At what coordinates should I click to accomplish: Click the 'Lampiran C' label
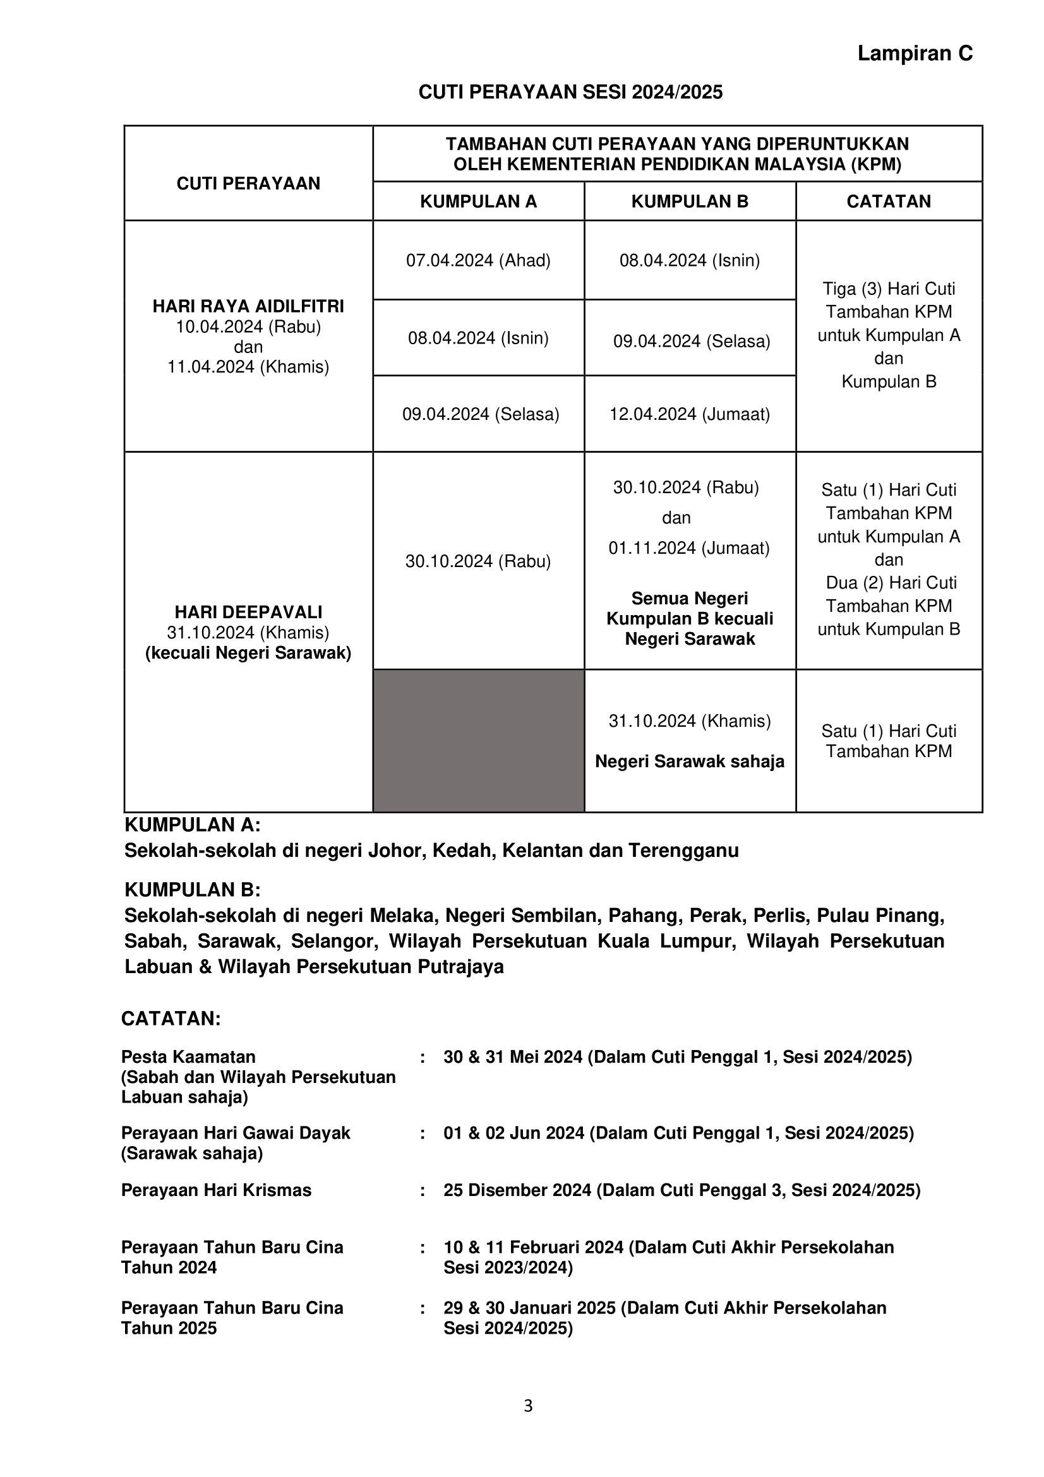tap(915, 54)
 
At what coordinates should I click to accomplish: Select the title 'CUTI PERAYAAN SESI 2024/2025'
tap(570, 93)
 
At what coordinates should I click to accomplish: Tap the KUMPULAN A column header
tap(478, 201)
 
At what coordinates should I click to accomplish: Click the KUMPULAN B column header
tap(690, 201)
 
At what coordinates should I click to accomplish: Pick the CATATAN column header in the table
tap(889, 201)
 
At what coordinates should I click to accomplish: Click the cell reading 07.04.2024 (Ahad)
tap(478, 261)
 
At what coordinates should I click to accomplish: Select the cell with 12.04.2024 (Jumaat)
tap(690, 414)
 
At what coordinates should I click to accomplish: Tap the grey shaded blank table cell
tap(478, 741)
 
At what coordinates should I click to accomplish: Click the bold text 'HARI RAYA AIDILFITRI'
tap(248, 306)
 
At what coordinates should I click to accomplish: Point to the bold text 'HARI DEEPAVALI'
tap(248, 612)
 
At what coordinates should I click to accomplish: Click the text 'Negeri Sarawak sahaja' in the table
tap(690, 762)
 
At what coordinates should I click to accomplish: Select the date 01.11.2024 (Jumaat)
tap(689, 548)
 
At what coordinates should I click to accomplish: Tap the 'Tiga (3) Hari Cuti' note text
tap(889, 289)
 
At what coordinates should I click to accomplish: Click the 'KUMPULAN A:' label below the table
tap(193, 825)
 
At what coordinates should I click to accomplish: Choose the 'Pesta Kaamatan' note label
tap(188, 1057)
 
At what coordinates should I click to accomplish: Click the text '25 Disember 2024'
tap(517, 1190)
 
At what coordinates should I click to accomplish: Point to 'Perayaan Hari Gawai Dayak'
tap(236, 1133)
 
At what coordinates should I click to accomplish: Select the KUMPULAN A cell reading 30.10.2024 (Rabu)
tap(478, 561)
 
